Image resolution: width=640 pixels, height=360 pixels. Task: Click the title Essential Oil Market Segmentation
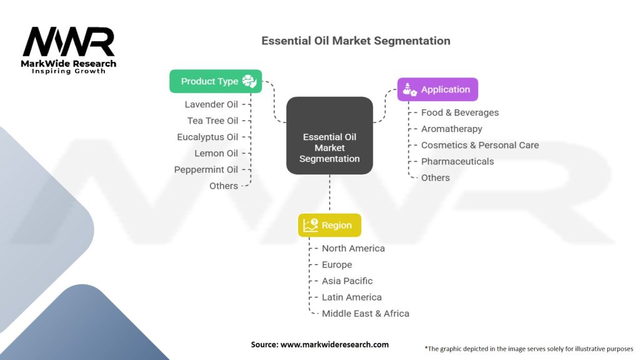click(x=356, y=41)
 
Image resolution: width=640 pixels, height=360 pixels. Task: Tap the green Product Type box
click(x=216, y=81)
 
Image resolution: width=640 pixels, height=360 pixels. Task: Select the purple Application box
click(x=437, y=89)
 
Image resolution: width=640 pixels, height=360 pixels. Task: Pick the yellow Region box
click(x=329, y=225)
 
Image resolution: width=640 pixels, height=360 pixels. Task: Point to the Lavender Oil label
click(x=211, y=104)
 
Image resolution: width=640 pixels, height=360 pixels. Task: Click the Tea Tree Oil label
click(x=212, y=121)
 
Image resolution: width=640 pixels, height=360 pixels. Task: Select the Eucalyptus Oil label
click(x=207, y=137)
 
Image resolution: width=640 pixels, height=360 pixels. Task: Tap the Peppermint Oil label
click(x=206, y=169)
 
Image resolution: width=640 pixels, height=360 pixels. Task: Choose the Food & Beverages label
click(x=460, y=112)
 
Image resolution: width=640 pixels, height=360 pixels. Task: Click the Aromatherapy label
click(x=452, y=129)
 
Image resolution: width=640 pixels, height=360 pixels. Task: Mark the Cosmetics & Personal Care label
click(x=480, y=145)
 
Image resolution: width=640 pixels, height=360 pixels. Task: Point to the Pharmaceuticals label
click(x=457, y=161)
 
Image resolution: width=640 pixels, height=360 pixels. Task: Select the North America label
click(x=353, y=248)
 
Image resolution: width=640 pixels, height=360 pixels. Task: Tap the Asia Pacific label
click(x=347, y=281)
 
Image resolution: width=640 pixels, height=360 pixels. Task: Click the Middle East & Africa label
click(x=366, y=313)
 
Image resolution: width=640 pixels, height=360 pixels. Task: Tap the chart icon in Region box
click(x=310, y=225)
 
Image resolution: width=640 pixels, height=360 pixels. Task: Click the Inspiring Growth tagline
click(x=69, y=71)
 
